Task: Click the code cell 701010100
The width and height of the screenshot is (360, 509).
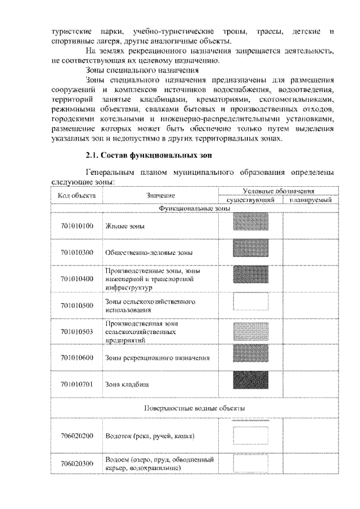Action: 76,226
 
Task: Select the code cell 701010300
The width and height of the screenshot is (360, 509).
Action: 76,253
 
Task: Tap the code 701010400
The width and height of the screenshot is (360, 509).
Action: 76,278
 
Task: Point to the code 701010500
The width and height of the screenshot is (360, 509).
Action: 76,305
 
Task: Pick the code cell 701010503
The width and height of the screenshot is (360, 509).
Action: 76,331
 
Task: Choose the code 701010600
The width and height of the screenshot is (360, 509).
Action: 76,357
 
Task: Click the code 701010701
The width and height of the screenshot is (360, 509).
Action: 76,384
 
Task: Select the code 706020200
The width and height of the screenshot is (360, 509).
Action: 76,436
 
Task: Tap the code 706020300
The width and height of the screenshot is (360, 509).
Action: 76,463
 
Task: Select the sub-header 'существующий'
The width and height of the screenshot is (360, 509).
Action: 250,200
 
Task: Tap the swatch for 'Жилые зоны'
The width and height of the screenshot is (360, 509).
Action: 250,224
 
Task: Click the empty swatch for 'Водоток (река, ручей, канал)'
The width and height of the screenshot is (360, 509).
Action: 250,435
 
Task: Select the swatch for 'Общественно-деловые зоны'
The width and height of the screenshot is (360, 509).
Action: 250,251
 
